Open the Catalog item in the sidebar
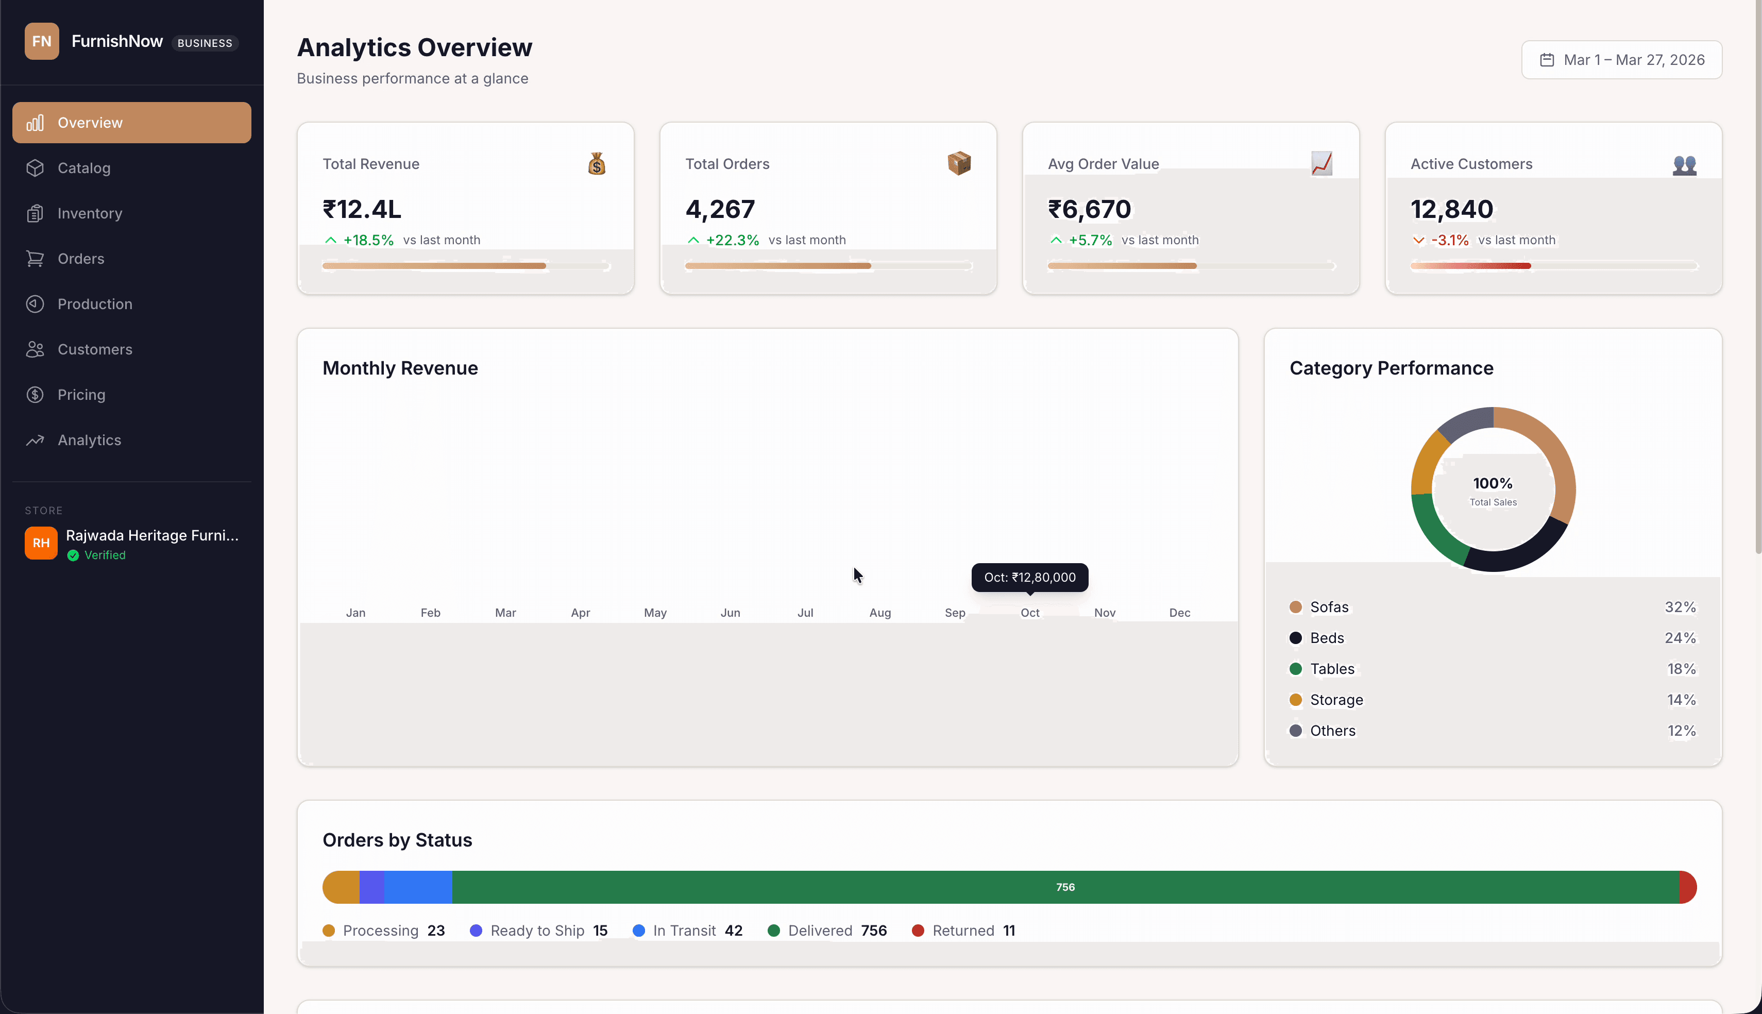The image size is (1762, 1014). coord(83,168)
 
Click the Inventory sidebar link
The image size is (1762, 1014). coord(89,213)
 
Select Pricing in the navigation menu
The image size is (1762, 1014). coord(81,395)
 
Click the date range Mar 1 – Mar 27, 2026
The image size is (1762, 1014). coord(1621,60)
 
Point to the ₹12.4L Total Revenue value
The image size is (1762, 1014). coord(362,209)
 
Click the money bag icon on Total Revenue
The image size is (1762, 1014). coord(597,164)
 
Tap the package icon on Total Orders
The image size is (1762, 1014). coord(959,164)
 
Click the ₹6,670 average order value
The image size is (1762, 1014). coord(1090,209)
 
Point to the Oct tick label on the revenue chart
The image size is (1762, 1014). coord(1029,613)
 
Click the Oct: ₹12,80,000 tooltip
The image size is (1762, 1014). coord(1029,578)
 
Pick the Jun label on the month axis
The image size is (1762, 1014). coord(730,613)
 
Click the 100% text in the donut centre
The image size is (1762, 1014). coord(1493,483)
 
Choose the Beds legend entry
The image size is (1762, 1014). coord(1326,638)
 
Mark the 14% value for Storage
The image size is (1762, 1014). coord(1681,700)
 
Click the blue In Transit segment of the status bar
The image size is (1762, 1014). coord(418,887)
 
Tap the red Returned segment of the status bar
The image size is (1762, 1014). coord(1687,887)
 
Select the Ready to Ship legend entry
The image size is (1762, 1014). coord(537,931)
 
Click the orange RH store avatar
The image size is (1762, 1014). coord(41,543)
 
